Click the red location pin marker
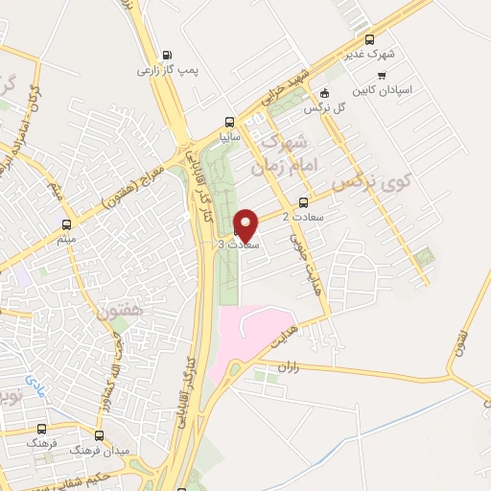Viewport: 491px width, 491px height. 246,225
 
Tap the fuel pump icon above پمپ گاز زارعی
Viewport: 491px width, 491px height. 169,55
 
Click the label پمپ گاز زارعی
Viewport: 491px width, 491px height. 160,70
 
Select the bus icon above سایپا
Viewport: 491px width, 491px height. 228,122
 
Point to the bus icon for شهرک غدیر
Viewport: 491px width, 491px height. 370,39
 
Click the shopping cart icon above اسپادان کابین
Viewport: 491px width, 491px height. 382,75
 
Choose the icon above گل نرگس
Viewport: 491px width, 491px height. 324,93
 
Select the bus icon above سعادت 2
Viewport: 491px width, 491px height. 304,202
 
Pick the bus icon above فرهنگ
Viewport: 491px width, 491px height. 42,431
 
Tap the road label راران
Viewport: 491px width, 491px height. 289,366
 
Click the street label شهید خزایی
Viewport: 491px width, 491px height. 288,86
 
